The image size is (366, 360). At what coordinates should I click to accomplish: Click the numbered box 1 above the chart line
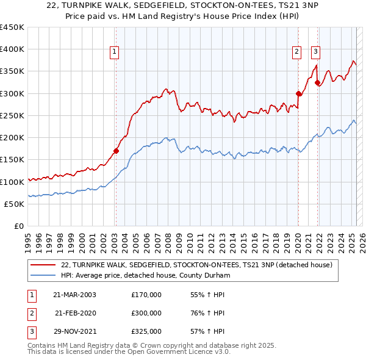115,52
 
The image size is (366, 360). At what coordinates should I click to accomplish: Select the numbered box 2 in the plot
296,52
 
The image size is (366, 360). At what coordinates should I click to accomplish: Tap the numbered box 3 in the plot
316,52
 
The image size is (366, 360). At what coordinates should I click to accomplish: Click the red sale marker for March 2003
116,150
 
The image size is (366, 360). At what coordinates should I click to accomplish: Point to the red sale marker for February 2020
298,93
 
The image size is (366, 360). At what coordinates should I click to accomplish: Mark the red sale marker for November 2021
317,82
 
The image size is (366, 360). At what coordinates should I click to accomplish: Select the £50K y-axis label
13,204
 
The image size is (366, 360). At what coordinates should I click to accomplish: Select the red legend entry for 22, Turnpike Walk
196,265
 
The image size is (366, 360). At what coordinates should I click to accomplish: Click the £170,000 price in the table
146,295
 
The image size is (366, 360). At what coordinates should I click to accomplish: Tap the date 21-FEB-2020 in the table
75,313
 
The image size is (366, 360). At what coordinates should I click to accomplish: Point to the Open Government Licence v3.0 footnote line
129,353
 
